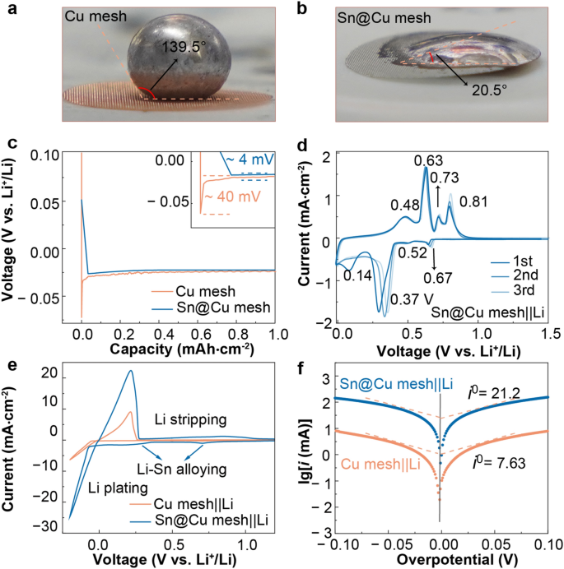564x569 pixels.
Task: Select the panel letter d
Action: point(301,144)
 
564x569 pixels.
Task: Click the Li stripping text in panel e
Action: point(192,419)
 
